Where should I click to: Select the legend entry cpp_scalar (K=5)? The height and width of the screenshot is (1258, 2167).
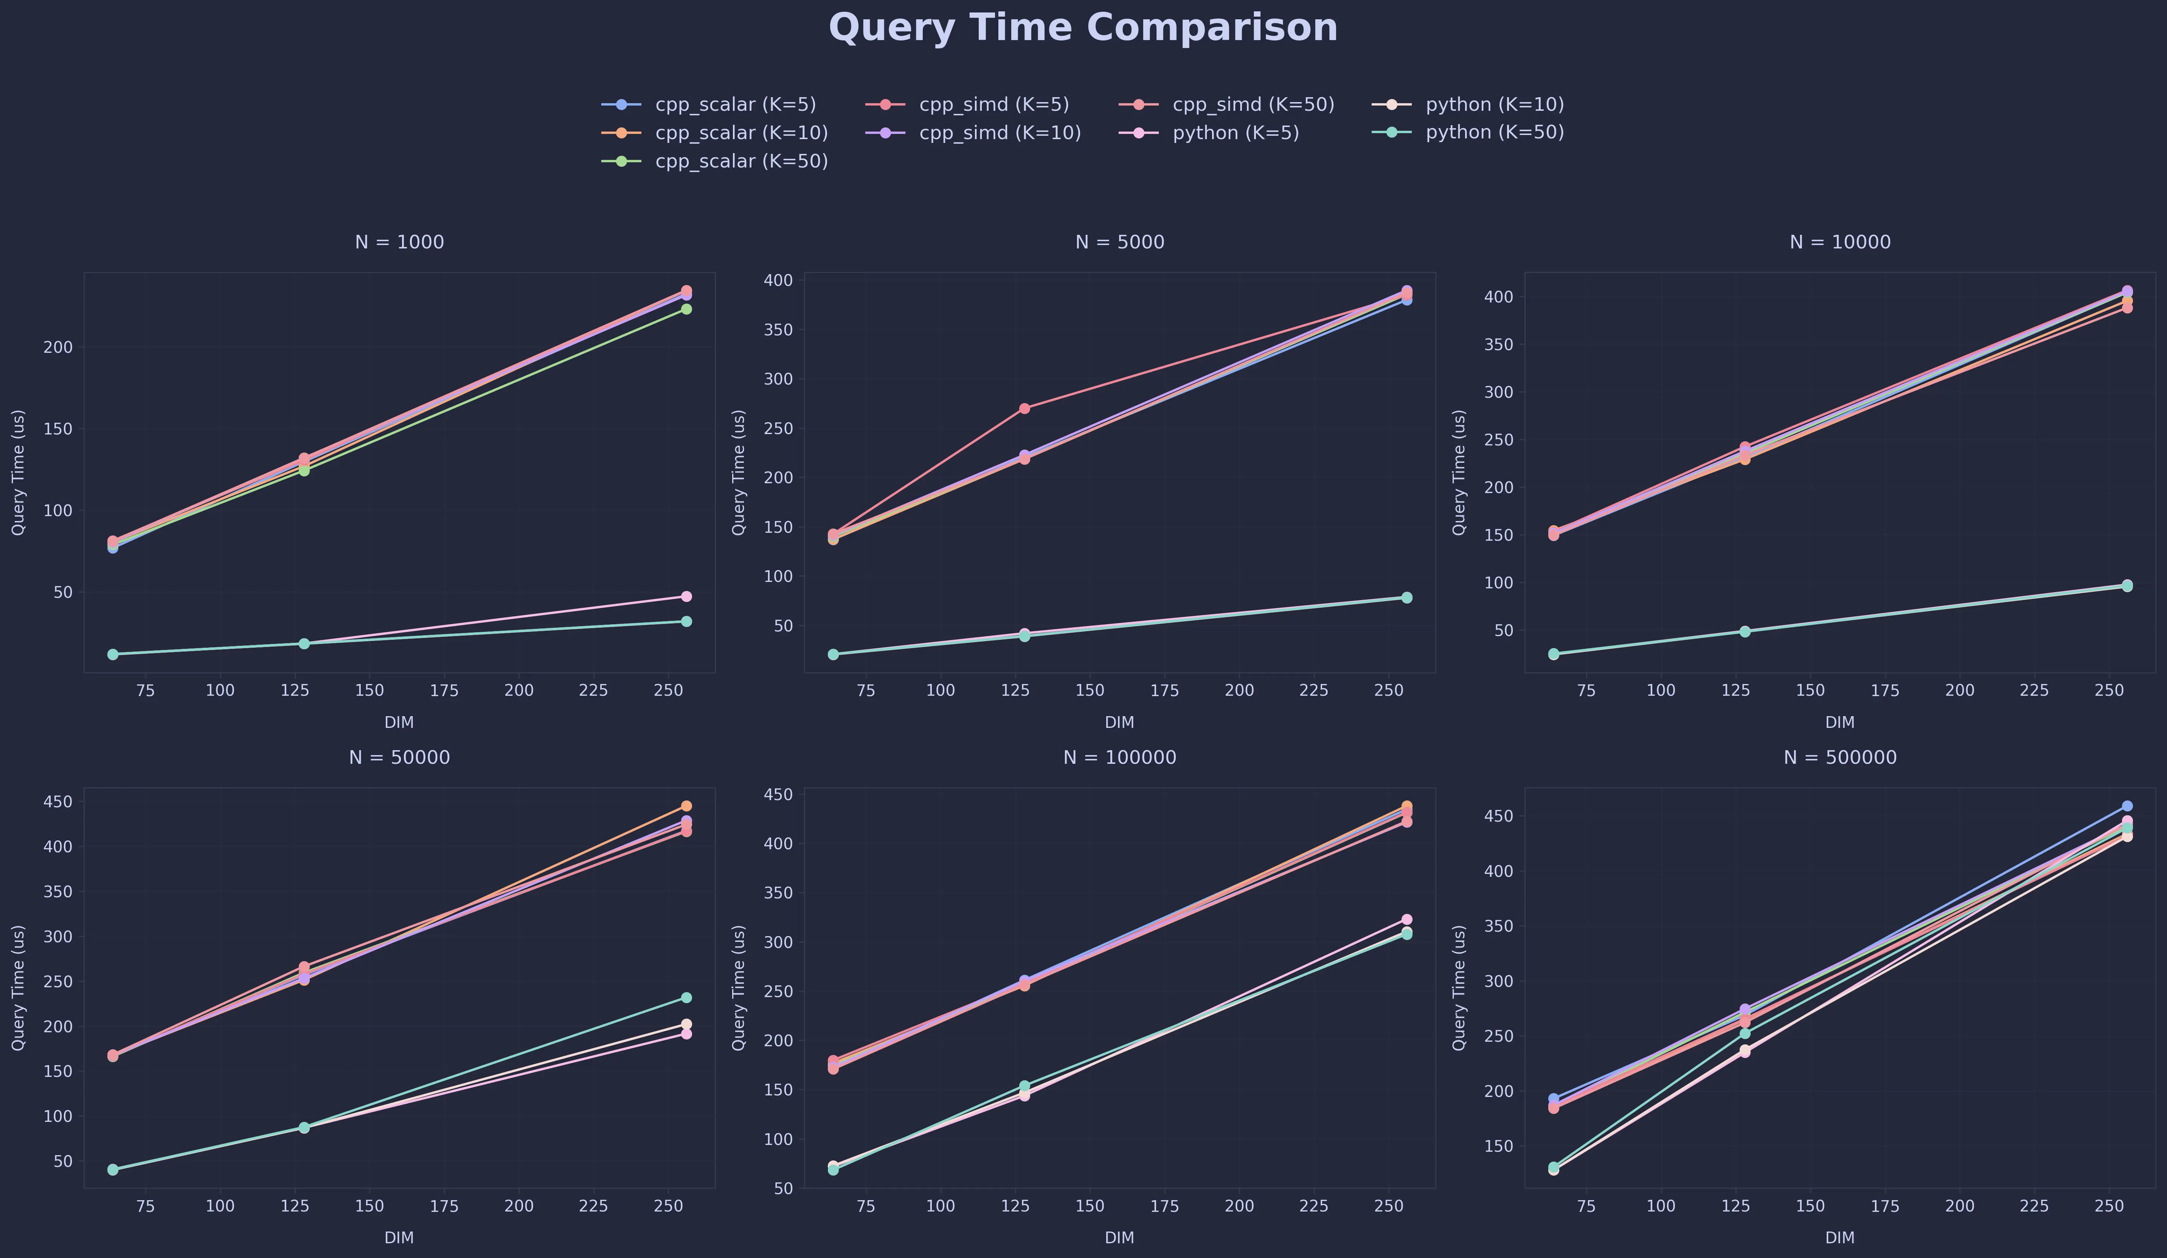(734, 104)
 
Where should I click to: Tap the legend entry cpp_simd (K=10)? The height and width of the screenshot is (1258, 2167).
(999, 132)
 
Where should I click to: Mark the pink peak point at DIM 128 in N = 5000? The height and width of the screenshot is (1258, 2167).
(1024, 408)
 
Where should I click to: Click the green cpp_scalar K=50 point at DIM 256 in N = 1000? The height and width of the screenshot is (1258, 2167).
(686, 309)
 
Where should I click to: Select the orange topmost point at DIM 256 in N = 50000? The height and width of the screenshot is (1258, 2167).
(686, 806)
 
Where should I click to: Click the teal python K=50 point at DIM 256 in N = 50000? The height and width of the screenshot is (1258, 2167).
(686, 997)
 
